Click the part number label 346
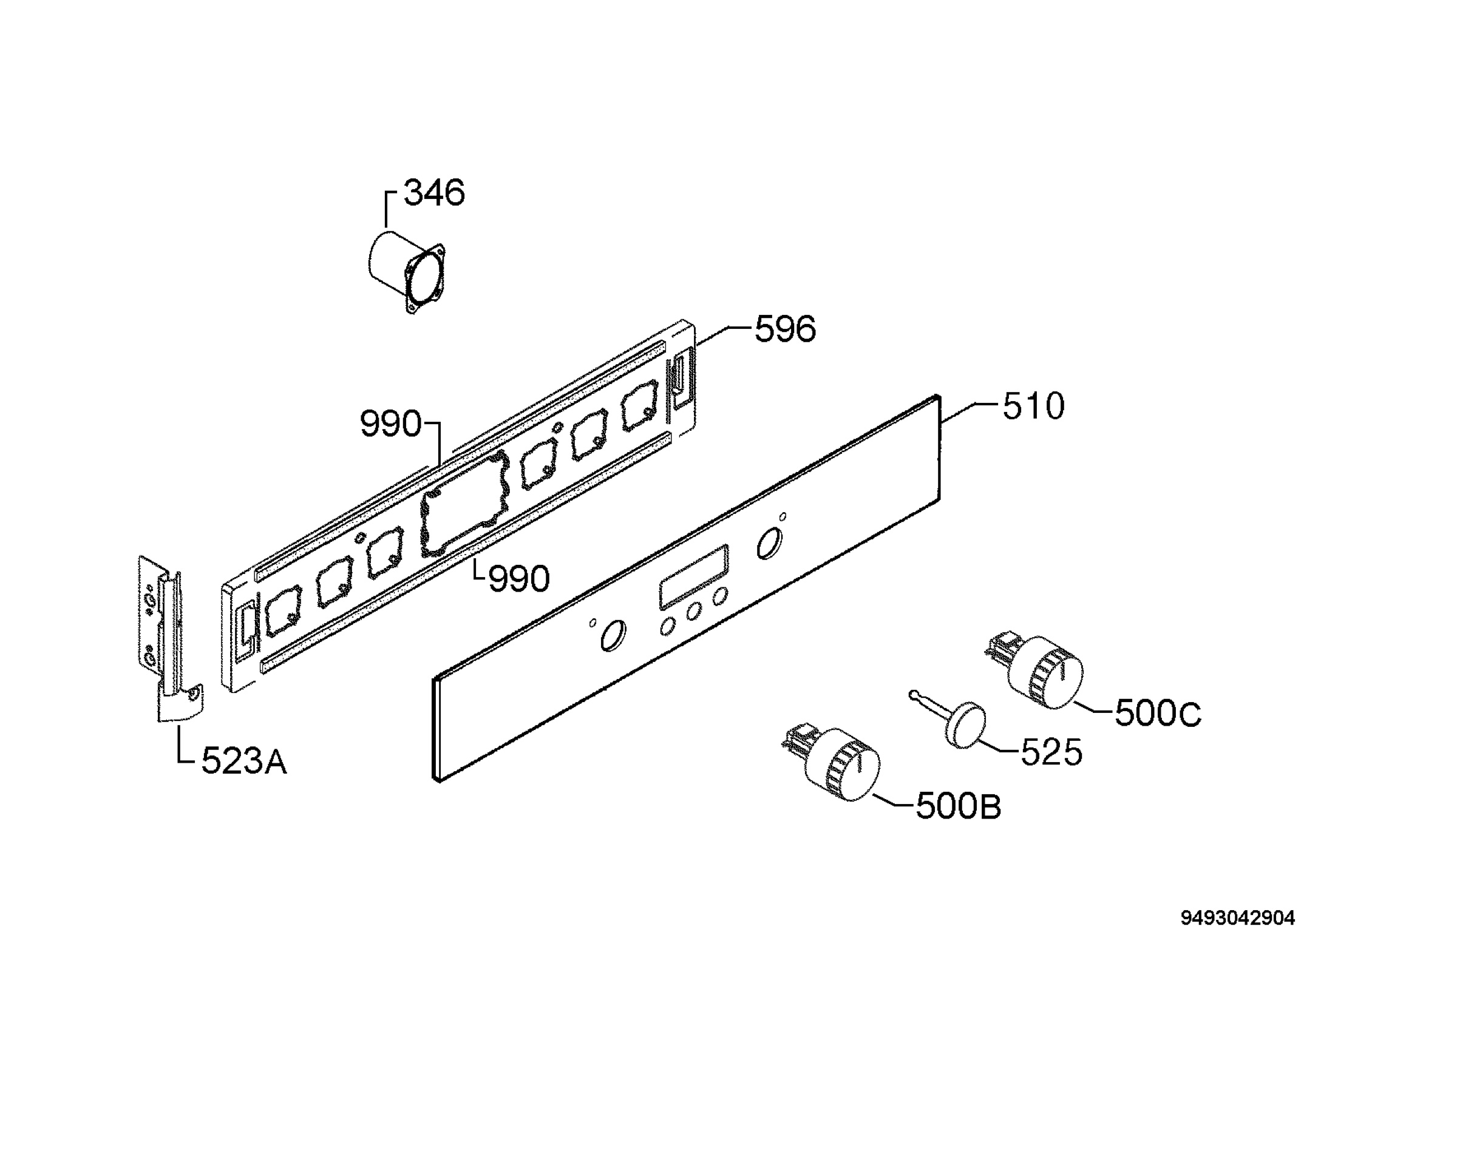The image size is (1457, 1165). [x=434, y=193]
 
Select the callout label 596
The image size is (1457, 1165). [x=786, y=329]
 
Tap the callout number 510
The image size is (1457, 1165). [x=1033, y=407]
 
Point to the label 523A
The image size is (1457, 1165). [x=244, y=762]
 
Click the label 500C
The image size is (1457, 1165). [x=1158, y=714]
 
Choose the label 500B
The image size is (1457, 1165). [x=958, y=806]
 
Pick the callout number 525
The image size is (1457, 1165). [x=1051, y=752]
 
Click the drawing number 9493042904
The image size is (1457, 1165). [x=1237, y=919]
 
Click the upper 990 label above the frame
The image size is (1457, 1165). [x=390, y=424]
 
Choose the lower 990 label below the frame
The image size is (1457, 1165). [x=519, y=579]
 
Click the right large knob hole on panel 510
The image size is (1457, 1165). [x=769, y=544]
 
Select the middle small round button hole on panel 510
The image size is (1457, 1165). [x=694, y=612]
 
